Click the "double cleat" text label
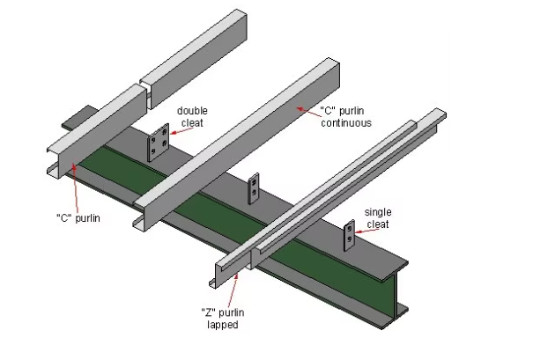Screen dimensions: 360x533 [x=191, y=116]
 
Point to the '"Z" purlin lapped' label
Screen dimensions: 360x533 [x=219, y=317]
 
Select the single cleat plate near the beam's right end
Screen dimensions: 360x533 [x=350, y=233]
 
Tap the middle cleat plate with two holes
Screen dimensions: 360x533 [x=255, y=187]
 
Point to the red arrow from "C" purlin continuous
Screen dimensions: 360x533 [x=304, y=109]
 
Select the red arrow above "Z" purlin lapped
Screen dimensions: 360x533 [x=236, y=288]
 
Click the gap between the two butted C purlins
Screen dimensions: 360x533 [x=142, y=87]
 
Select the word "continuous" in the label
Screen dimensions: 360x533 [x=347, y=123]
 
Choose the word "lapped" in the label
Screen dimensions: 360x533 [x=219, y=324]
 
